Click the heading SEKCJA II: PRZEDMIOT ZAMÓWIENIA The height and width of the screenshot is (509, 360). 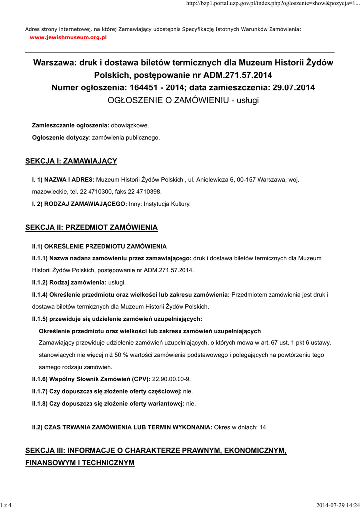pos(91,227)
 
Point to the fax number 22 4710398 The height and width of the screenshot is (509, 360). pos(145,191)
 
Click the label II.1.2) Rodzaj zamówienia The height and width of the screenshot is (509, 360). pos(69,282)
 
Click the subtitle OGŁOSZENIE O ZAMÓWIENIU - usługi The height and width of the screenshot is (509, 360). pos(183,100)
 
